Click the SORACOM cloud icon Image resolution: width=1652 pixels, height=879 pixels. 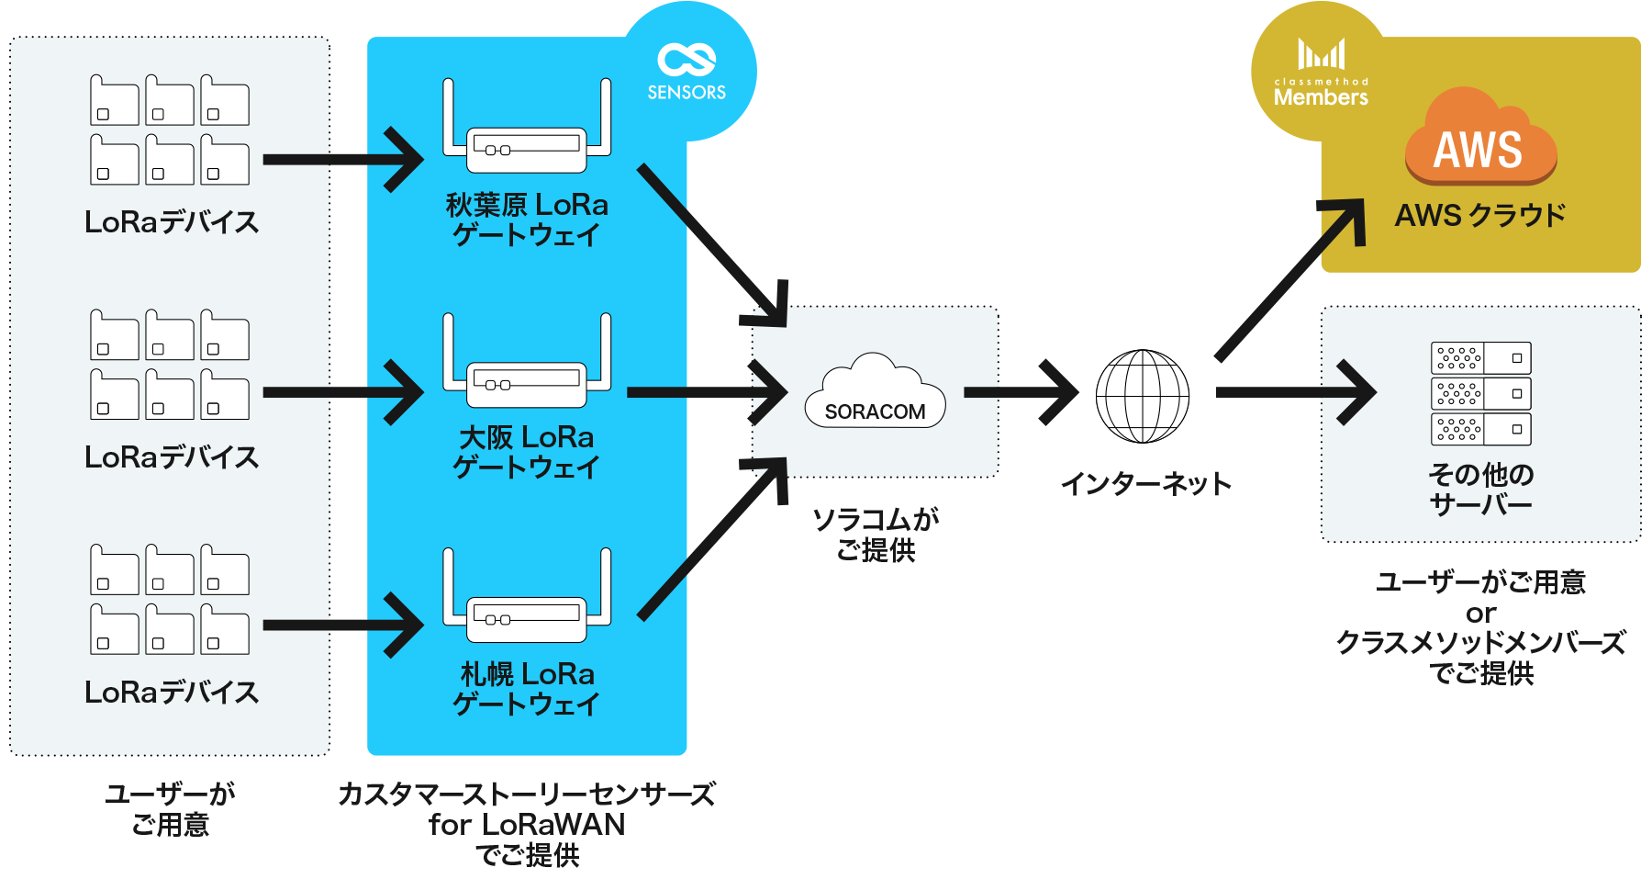pos(875,392)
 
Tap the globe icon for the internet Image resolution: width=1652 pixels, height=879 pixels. pos(1143,396)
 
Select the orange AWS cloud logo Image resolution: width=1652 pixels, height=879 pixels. pos(1479,138)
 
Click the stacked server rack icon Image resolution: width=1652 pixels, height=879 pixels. pos(1480,394)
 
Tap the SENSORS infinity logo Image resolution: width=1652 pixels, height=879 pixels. pos(686,71)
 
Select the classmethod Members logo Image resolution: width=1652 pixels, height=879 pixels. pos(1321,73)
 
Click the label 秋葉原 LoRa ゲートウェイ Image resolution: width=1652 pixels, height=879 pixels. pos(527,220)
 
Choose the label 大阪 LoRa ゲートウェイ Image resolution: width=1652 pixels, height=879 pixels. pos(527,452)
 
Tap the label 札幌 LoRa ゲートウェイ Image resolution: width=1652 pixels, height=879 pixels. pos(527,689)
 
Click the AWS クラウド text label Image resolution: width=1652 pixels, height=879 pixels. pos(1479,216)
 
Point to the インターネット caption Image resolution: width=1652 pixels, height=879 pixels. pos(1145,484)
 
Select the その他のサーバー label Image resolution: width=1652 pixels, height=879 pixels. pos(1480,490)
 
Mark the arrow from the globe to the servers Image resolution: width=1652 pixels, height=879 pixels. pos(1294,392)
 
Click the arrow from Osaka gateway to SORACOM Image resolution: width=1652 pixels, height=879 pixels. pos(707,392)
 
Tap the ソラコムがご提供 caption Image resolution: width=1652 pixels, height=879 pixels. pos(876,535)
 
